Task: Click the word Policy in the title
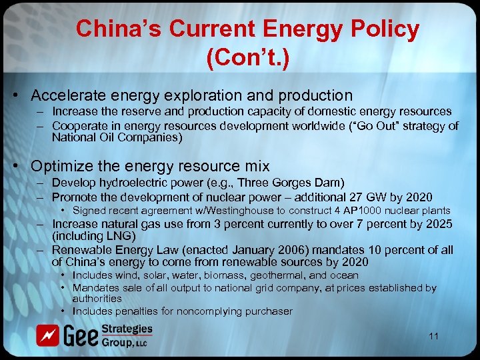tap(387, 29)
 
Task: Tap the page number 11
tap(434, 336)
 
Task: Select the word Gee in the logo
tap(81, 337)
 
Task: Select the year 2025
tap(437, 223)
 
